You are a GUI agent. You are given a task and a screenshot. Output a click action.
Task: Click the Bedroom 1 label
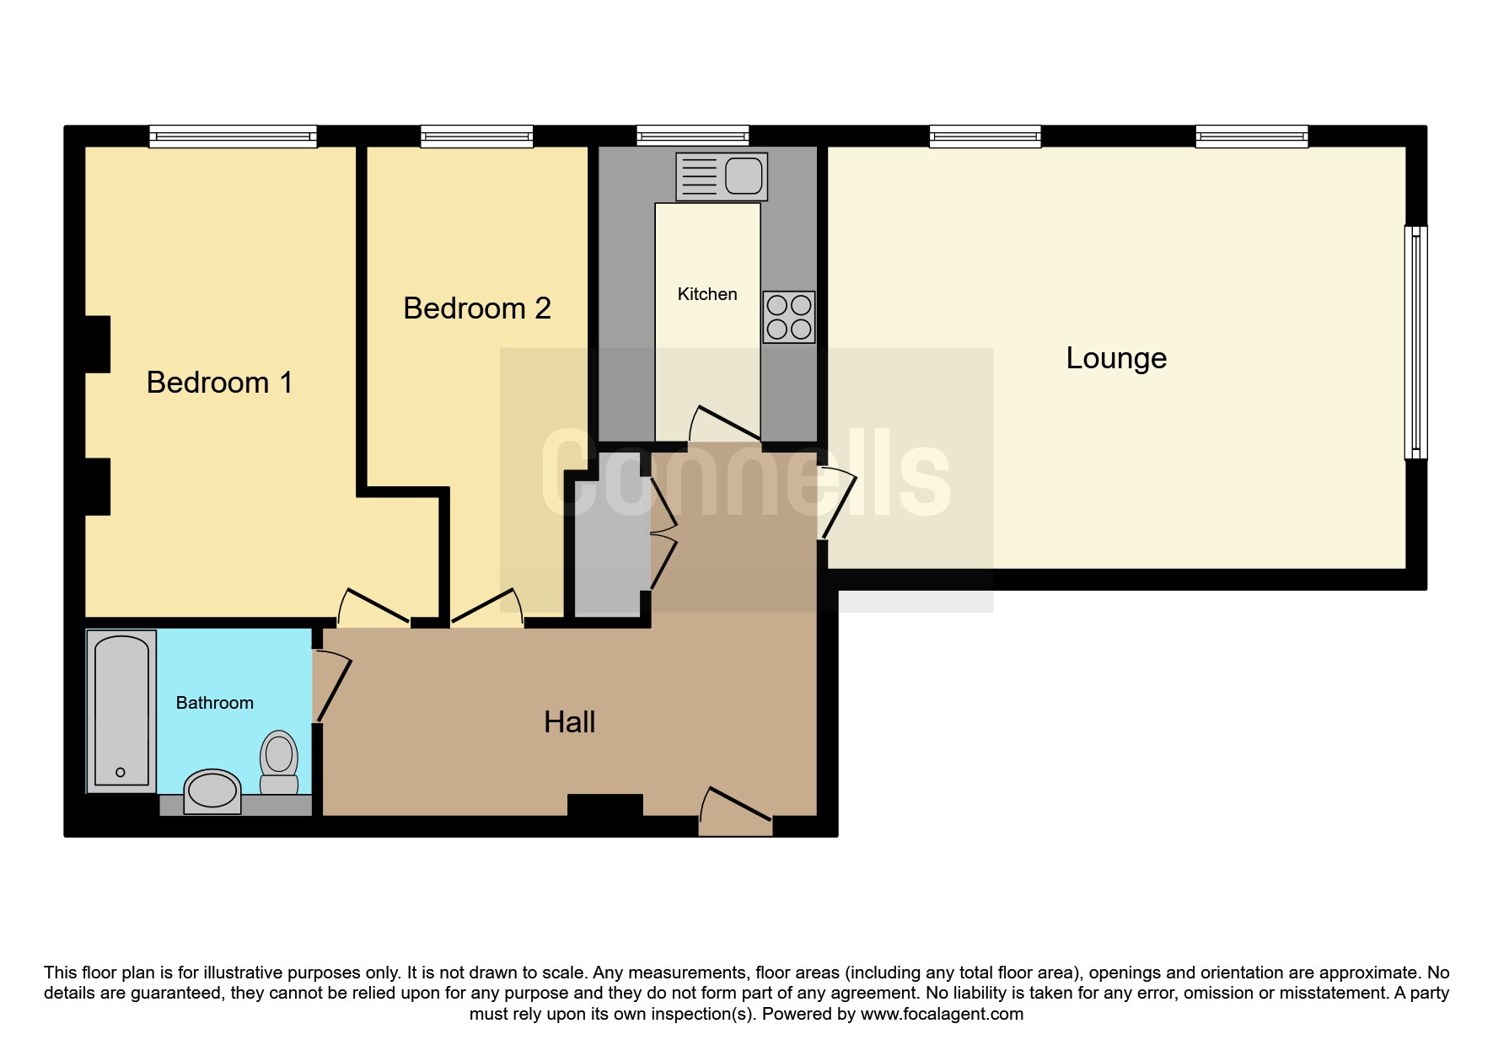pyautogui.click(x=219, y=383)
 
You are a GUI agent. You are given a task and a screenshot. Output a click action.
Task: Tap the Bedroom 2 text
pyautogui.click(x=477, y=308)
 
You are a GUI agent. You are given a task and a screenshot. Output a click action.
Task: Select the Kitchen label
pyautogui.click(x=707, y=294)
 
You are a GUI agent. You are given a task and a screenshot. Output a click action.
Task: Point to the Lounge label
pyautogui.click(x=1116, y=358)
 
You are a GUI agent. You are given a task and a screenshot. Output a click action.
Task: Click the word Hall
pyautogui.click(x=570, y=722)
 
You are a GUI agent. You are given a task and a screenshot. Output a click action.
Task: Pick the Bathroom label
pyautogui.click(x=214, y=703)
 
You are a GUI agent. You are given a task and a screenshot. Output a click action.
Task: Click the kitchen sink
pyautogui.click(x=722, y=176)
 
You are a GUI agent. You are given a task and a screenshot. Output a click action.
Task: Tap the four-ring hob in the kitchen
pyautogui.click(x=789, y=317)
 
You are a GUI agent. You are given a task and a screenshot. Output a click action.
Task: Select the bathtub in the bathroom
pyautogui.click(x=121, y=711)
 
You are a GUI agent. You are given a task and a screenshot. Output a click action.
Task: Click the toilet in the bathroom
pyautogui.click(x=279, y=762)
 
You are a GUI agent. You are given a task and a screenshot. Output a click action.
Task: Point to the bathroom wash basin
pyautogui.click(x=212, y=791)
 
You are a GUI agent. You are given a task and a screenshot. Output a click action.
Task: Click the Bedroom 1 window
pyautogui.click(x=233, y=137)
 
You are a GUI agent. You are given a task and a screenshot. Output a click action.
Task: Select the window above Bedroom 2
pyautogui.click(x=477, y=137)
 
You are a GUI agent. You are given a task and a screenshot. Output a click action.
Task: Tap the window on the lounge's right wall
pyautogui.click(x=1415, y=342)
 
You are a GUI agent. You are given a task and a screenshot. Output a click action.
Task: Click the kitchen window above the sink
pyautogui.click(x=693, y=137)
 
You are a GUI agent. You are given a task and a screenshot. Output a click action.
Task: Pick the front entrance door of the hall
pyautogui.click(x=735, y=810)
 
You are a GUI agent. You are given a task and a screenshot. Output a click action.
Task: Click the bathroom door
pyautogui.click(x=331, y=685)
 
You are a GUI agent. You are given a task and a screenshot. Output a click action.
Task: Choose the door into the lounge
pyautogui.click(x=837, y=502)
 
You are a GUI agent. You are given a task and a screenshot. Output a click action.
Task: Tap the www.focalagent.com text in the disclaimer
pyautogui.click(x=942, y=1014)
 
